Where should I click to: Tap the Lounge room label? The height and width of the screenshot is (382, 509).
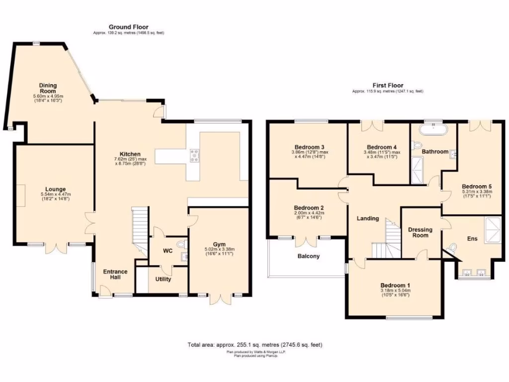tap(56, 190)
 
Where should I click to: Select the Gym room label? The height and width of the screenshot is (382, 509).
tap(219, 244)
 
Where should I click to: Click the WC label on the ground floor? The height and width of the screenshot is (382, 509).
tap(168, 251)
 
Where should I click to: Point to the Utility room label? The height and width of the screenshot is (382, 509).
tap(163, 279)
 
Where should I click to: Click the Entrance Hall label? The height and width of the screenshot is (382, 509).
tap(115, 275)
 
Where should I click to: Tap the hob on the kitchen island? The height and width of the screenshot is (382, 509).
tap(194, 156)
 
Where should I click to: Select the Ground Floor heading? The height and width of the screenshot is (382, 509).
tap(128, 27)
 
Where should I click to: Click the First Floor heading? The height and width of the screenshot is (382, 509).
tap(388, 86)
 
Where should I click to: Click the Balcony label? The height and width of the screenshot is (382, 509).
tap(309, 257)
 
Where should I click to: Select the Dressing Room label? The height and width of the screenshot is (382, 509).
tap(421, 232)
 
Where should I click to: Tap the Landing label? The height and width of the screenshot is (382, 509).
tap(368, 218)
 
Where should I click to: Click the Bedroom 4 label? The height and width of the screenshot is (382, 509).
tap(381, 147)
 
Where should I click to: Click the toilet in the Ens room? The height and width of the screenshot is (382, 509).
tap(452, 248)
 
